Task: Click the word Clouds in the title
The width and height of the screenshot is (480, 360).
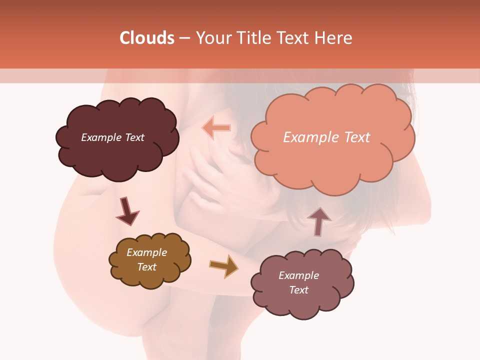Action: pyautogui.click(x=147, y=38)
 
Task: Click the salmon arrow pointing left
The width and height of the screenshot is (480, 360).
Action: pyautogui.click(x=216, y=128)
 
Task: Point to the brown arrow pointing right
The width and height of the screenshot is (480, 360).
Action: pyautogui.click(x=224, y=265)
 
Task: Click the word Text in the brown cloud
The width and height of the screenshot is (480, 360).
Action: pyautogui.click(x=147, y=267)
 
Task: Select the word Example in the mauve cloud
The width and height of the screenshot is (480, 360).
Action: pyautogui.click(x=298, y=275)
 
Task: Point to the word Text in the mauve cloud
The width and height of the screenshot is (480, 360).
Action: pyautogui.click(x=298, y=290)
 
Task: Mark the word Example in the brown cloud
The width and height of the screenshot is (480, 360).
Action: pyautogui.click(x=147, y=252)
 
